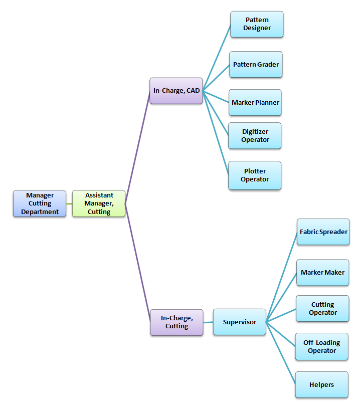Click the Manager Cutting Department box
point(40,203)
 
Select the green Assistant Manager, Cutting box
point(99,203)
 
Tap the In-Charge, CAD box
point(176,91)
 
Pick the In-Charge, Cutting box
point(176,322)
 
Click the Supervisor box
point(239,322)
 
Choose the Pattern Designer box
point(257,24)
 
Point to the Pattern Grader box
point(256,65)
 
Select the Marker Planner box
point(255,103)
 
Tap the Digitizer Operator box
point(255,136)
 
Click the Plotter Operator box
point(255,175)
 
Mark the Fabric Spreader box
point(323,232)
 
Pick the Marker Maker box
point(322,273)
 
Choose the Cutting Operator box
point(322,309)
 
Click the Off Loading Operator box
point(321,347)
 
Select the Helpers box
point(321,385)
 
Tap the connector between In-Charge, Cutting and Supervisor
point(208,322)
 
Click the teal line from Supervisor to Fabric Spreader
point(282,277)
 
